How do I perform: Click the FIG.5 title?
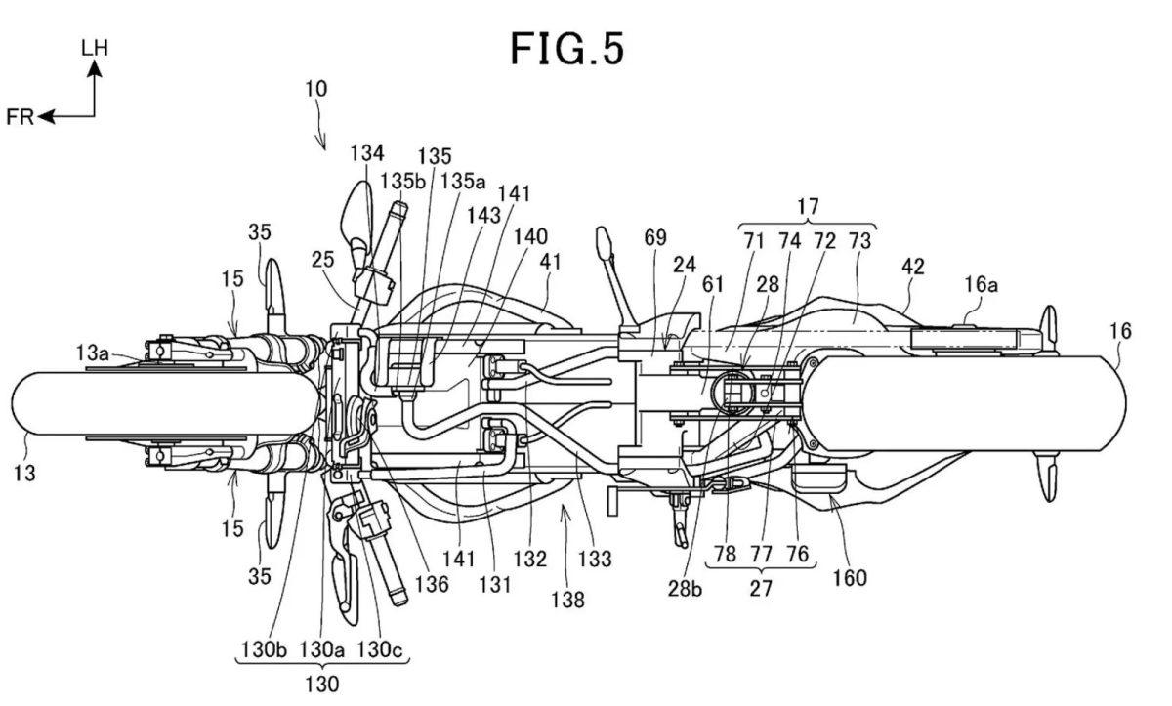click(x=567, y=49)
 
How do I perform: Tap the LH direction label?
click(x=95, y=48)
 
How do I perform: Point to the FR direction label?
click(x=20, y=117)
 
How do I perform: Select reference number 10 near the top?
click(x=316, y=89)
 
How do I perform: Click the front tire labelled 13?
click(x=166, y=402)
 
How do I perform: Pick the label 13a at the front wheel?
click(x=92, y=353)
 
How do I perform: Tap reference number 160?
click(x=850, y=577)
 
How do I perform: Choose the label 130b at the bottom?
click(x=265, y=649)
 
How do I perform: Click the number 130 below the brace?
click(x=321, y=685)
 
